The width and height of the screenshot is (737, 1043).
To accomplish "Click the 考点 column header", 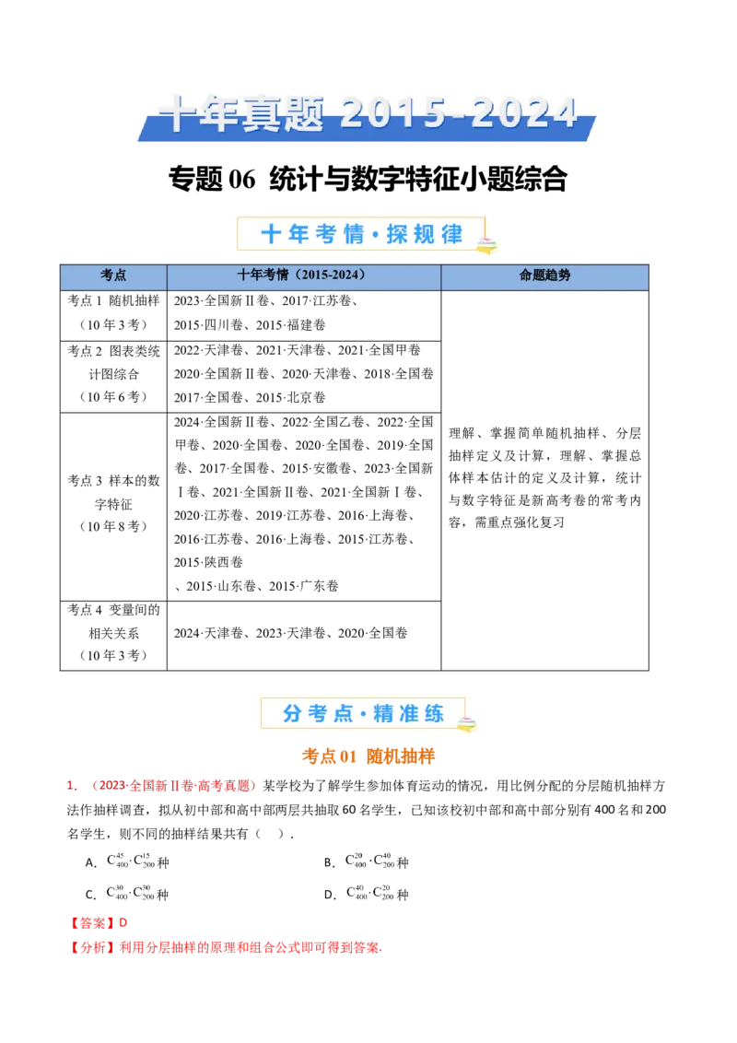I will pyautogui.click(x=113, y=275).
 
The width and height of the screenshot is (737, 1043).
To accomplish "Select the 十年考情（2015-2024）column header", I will pyautogui.click(x=303, y=275).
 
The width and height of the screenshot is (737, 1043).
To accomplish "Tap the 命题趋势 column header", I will pyautogui.click(x=544, y=275).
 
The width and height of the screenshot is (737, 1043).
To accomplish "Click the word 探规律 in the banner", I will pyautogui.click(x=425, y=234).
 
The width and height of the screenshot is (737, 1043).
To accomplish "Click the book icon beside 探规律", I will pyautogui.click(x=485, y=245).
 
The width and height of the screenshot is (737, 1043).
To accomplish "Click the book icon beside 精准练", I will pyautogui.click(x=467, y=724).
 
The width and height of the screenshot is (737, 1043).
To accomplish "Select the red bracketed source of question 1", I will pyautogui.click(x=173, y=787).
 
